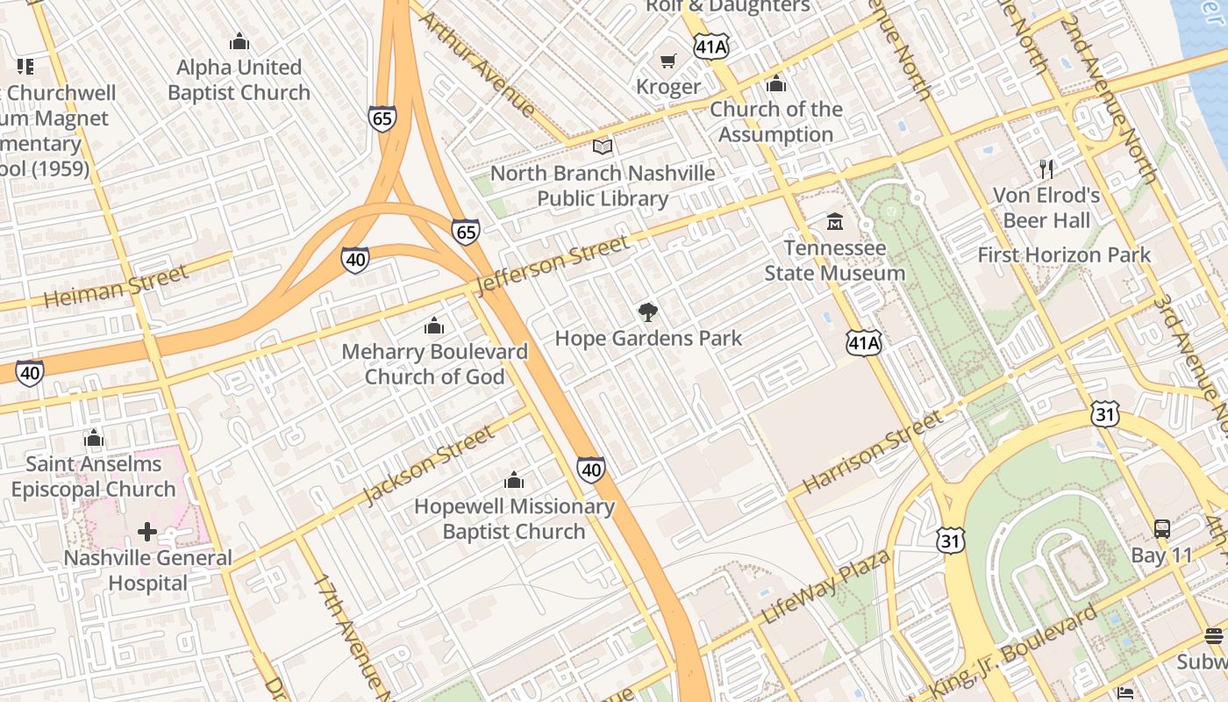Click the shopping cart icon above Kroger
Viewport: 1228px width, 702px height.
tap(668, 61)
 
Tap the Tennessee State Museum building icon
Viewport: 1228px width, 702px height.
tap(834, 221)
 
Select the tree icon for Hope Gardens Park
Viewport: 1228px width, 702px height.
tap(648, 312)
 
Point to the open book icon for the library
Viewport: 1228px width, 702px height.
tap(602, 147)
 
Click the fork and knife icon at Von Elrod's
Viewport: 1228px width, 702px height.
tap(1046, 168)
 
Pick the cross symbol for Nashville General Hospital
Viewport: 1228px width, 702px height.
tap(147, 531)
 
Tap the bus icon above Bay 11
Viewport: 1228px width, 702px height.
tap(1162, 528)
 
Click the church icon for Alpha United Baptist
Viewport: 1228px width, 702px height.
tap(239, 41)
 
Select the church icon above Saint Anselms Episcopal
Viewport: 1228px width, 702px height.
tap(94, 438)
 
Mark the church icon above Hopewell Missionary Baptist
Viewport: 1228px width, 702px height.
tap(514, 480)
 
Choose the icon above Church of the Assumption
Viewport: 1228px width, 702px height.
tap(775, 83)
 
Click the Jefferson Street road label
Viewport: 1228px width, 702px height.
tap(552, 264)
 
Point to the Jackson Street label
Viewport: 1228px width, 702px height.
tap(429, 465)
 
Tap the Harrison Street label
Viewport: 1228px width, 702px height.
tap(873, 452)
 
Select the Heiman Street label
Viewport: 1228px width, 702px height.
tap(116, 287)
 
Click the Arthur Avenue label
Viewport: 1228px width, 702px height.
tap(478, 64)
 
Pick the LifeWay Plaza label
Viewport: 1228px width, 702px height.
tap(826, 585)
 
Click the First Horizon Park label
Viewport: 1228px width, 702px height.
tap(1064, 255)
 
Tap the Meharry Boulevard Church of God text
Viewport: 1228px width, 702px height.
tap(434, 364)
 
